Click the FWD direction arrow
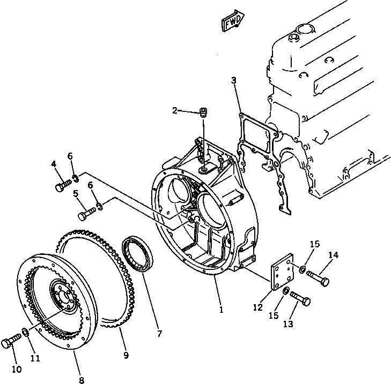pos(232,22)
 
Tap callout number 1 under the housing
pos(221,310)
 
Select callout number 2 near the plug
pos(174,110)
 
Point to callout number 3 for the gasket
pos(234,81)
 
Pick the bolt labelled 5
pos(86,214)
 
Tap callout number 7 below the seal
pos(159,334)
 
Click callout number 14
pos(334,255)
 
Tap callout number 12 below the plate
pos(258,307)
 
